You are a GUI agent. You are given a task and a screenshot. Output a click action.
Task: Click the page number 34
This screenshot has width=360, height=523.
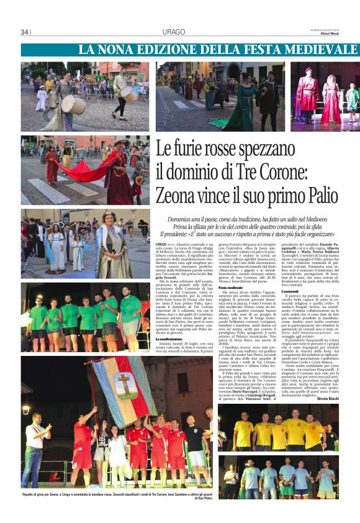[x=25, y=32]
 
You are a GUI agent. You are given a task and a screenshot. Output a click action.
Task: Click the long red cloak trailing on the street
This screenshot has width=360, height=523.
[x=87, y=170]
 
